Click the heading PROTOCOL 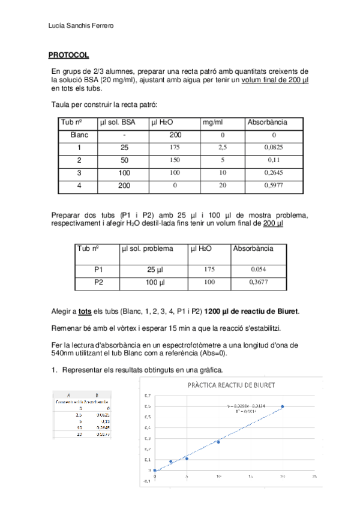pos(68,55)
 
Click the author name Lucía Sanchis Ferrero pos(81,25)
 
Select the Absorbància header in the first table pos(267,122)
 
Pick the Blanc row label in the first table pos(79,135)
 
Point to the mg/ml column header pos(213,122)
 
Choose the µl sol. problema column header pos(147,248)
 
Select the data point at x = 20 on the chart pos(283,406)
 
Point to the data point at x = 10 pos(218,442)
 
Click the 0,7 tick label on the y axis pos(147,396)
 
